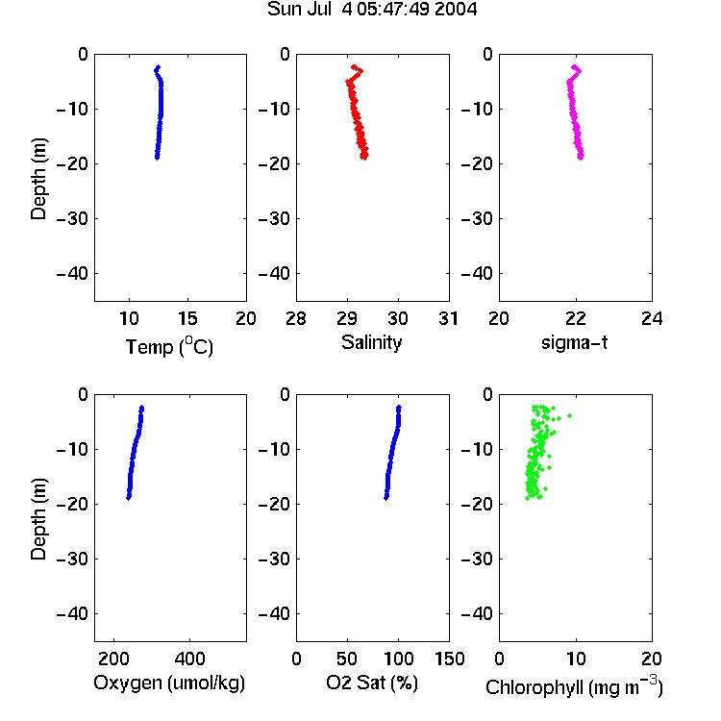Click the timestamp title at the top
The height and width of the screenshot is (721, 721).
tap(372, 10)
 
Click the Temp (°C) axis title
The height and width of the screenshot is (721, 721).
tap(169, 347)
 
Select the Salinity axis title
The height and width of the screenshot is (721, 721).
tap(371, 343)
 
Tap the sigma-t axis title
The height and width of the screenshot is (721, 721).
tap(574, 342)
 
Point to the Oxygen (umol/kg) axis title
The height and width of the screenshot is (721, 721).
tap(169, 684)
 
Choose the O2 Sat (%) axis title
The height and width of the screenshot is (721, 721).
tap(372, 683)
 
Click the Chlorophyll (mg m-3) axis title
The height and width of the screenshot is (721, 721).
tap(574, 686)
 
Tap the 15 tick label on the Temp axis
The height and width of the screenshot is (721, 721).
tap(187, 318)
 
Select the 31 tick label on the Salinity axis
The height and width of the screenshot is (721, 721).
tap(448, 318)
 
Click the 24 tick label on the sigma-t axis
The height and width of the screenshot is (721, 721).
tap(652, 318)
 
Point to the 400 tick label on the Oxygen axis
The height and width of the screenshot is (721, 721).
tap(189, 659)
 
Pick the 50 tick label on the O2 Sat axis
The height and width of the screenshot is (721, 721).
tap(347, 659)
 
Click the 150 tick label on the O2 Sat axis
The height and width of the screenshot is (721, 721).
tap(449, 659)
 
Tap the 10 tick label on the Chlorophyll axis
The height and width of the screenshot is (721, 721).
tap(576, 659)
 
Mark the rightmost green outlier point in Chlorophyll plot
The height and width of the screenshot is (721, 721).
tap(570, 415)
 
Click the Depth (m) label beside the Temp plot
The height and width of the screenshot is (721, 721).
tap(38, 179)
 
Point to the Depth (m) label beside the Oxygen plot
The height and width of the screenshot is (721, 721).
tap(38, 519)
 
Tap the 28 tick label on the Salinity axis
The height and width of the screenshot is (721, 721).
tap(296, 318)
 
